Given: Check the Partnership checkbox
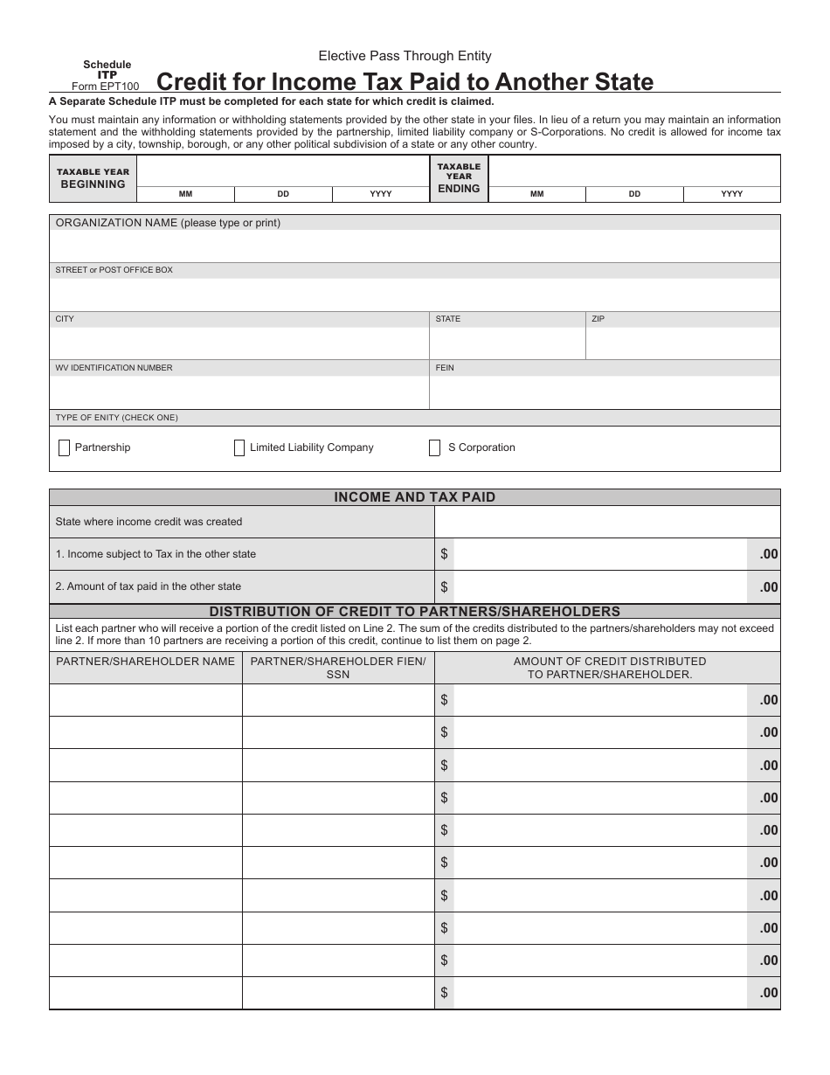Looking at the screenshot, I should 64,448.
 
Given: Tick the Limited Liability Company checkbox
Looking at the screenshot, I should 239,448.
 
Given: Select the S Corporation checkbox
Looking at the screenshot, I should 434,448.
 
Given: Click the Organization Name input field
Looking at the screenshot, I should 415,246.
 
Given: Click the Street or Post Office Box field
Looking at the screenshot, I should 415,294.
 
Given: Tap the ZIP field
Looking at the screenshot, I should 682,343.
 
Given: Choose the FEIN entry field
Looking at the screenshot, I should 605,392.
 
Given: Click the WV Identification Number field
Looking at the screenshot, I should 239,392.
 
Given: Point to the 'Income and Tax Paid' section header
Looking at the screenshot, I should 415,497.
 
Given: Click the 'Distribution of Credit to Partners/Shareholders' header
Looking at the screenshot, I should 415,612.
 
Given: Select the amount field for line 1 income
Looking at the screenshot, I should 600,554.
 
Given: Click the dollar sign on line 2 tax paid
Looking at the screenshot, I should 444,587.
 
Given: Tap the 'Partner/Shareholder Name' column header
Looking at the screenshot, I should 145,662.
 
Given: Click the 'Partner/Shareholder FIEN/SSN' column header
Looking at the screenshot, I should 338,668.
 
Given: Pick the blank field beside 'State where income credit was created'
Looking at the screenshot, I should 607,522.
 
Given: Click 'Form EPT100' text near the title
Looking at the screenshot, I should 105,87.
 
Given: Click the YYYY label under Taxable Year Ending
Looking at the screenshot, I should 732,194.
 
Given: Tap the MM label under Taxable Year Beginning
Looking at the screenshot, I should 186,194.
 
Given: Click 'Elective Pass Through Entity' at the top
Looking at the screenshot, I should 405,56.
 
